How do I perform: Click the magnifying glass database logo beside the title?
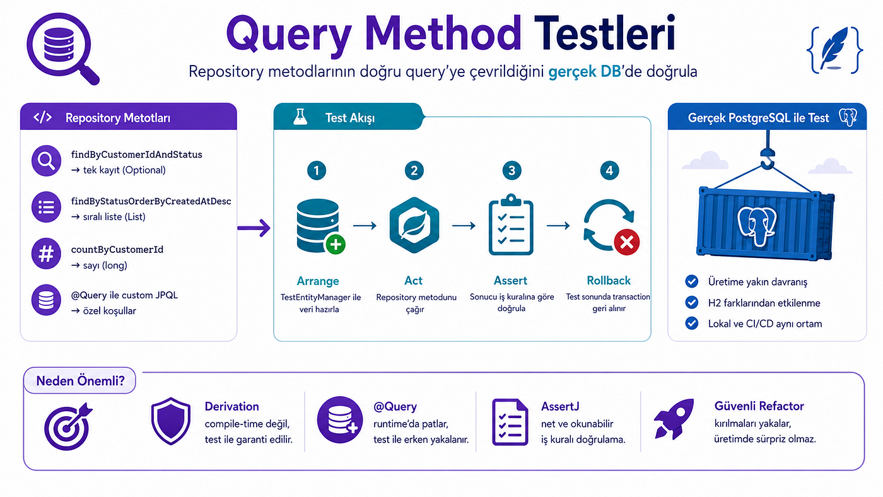coord(62,49)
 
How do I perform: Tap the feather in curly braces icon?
coord(834,50)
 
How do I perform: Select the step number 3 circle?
coord(512,170)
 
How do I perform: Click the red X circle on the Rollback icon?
coord(627,242)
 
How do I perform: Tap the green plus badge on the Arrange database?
coord(336,244)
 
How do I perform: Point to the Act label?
coord(414,281)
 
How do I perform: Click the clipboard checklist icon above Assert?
coord(512,225)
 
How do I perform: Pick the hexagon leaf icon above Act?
coord(414,225)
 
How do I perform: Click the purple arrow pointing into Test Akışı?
coord(254,228)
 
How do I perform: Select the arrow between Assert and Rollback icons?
coord(558,225)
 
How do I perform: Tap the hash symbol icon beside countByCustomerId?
coord(46,254)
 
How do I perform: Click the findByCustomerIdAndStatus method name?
coord(136,155)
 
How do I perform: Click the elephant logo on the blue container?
coord(757,227)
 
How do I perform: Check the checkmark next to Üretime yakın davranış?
coord(691,281)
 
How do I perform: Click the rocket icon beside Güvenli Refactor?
coord(674,419)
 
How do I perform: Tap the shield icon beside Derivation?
coord(171,421)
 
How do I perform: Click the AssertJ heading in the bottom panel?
coord(560,406)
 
